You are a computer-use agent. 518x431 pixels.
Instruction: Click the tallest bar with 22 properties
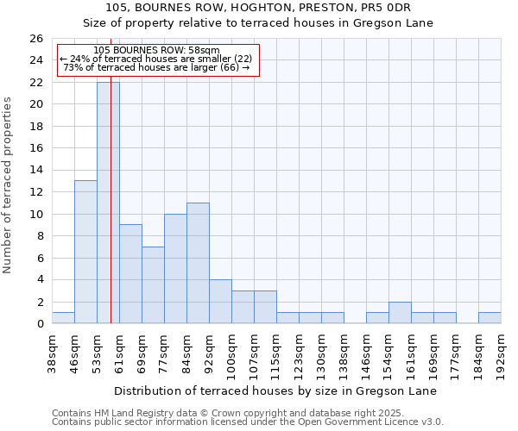pyautogui.click(x=108, y=203)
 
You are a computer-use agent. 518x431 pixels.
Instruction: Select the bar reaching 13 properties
pyautogui.click(x=85, y=252)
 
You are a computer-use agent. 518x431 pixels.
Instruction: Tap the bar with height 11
pyautogui.click(x=198, y=263)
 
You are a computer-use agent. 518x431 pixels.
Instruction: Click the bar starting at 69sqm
pyautogui.click(x=153, y=284)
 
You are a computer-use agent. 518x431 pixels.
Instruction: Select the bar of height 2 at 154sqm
pyautogui.click(x=400, y=313)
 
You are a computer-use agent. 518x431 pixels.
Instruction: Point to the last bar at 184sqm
pyautogui.click(x=490, y=318)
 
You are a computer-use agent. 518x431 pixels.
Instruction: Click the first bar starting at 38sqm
pyautogui.click(x=63, y=318)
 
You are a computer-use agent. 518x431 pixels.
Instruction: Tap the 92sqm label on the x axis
pyautogui.click(x=210, y=353)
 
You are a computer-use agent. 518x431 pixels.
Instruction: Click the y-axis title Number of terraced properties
pyautogui.click(x=9, y=185)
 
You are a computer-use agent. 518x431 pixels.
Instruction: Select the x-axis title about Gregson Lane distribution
pyautogui.click(x=275, y=391)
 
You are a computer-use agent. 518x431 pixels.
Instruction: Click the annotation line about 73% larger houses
pyautogui.click(x=156, y=67)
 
